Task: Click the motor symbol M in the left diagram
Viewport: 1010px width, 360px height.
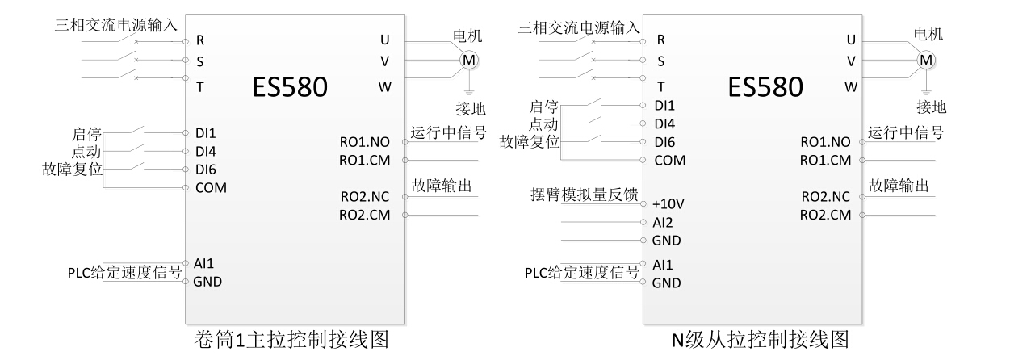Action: tap(469, 60)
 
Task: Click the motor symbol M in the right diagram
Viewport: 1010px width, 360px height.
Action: tap(927, 60)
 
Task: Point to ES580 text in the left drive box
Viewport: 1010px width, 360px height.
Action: tap(280, 87)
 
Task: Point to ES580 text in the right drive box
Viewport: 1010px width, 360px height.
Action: tap(765, 87)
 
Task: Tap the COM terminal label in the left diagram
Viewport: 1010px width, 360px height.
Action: tap(212, 187)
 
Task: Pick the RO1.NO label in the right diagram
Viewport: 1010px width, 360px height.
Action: tap(826, 142)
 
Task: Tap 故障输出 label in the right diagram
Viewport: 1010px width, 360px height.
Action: tap(898, 186)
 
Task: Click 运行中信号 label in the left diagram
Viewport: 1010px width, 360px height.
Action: tap(447, 133)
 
